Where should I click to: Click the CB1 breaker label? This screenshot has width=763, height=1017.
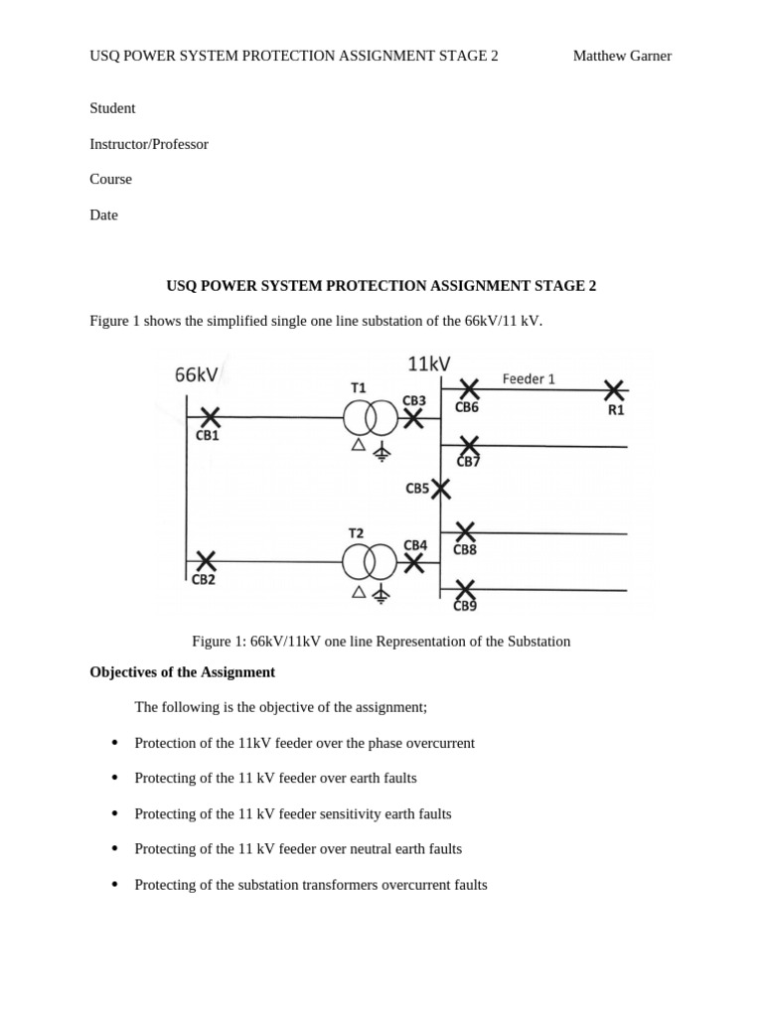pyautogui.click(x=208, y=435)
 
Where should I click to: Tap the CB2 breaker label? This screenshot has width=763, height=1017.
pyautogui.click(x=204, y=580)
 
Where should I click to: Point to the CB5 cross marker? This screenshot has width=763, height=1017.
pyautogui.click(x=440, y=489)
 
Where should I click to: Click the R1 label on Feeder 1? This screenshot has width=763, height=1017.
pyautogui.click(x=616, y=409)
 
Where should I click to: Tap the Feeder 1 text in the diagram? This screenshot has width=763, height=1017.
pyautogui.click(x=529, y=378)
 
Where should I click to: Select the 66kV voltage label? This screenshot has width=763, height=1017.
pyautogui.click(x=197, y=374)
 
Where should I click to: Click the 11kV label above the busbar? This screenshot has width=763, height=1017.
pyautogui.click(x=429, y=364)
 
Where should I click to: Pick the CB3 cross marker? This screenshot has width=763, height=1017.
pyautogui.click(x=413, y=418)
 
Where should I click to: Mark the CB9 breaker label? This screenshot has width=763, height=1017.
pyautogui.click(x=465, y=606)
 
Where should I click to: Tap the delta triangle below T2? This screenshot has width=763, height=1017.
pyautogui.click(x=359, y=592)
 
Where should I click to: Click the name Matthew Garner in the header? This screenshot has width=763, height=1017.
pyautogui.click(x=622, y=56)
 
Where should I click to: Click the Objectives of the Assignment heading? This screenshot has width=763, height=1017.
pyautogui.click(x=182, y=672)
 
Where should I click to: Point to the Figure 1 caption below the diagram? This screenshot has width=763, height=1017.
pyautogui.click(x=381, y=642)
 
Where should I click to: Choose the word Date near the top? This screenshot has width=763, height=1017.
pyautogui.click(x=103, y=215)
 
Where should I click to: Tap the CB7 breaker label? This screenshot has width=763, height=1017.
pyautogui.click(x=468, y=461)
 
